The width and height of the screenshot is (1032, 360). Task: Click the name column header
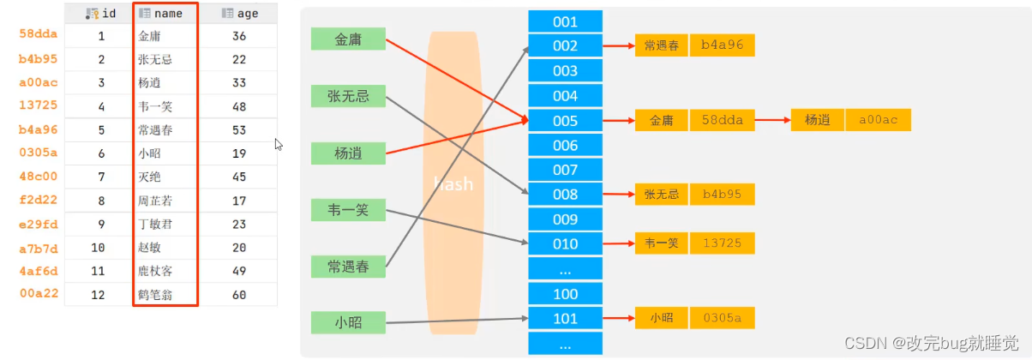pos(166,14)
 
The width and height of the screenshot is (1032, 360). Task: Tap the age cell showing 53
pos(239,130)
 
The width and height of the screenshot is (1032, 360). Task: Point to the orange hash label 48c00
pos(39,177)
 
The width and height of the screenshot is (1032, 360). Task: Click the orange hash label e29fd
pos(39,224)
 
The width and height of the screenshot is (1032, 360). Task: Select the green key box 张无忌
pos(348,96)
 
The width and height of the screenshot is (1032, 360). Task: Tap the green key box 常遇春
pos(348,267)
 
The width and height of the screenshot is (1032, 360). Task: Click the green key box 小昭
pos(348,323)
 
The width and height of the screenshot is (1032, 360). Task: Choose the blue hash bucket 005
pos(565,121)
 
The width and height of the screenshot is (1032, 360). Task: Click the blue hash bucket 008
pos(565,195)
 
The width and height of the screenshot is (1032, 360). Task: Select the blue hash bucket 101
pos(565,319)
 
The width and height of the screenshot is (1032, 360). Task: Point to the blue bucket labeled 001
pos(565,21)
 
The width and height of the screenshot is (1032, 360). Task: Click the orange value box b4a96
pos(723,45)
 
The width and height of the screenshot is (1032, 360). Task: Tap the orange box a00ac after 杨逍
pos(878,120)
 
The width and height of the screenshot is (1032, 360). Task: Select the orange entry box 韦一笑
pos(662,243)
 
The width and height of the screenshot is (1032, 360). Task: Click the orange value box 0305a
pos(723,318)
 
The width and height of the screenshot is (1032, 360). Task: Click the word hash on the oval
pos(453,183)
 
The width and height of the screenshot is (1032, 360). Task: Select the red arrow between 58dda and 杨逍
pos(773,120)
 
